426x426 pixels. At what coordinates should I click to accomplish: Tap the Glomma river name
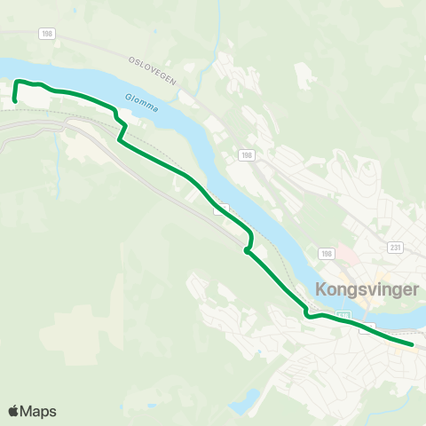pyautogui.click(x=142, y=104)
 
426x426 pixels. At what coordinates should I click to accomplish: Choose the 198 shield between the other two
pyautogui.click(x=245, y=154)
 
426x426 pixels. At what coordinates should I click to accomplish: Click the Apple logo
pyautogui.click(x=13, y=411)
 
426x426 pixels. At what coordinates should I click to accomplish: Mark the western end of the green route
pyautogui.click(x=15, y=101)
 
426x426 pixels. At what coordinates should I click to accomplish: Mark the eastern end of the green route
pyautogui.click(x=413, y=344)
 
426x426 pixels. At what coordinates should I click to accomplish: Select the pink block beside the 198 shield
pyautogui.click(x=344, y=265)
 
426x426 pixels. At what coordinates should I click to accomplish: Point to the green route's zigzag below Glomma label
pyautogui.click(x=121, y=129)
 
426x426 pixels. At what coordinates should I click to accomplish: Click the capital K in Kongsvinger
pyautogui.click(x=320, y=289)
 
